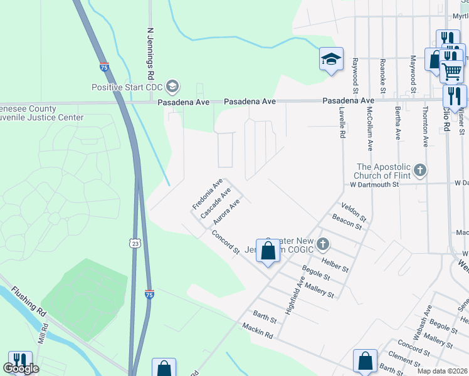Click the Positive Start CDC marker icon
coord(173,86)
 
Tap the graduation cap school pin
coord(331,60)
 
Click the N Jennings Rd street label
coord(150,53)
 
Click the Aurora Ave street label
coord(226,212)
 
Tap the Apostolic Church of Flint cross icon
coord(420,170)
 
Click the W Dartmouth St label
coord(374,185)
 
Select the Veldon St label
coord(354,212)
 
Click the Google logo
coord(21,368)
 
